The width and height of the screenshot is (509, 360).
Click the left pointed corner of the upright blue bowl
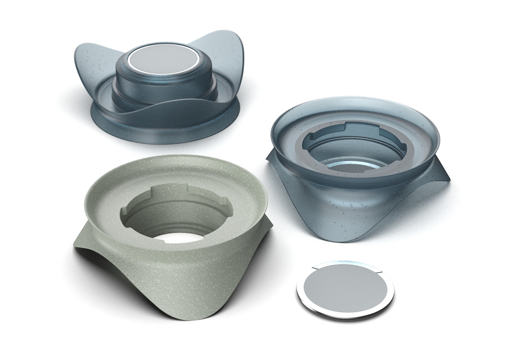click(x=270, y=158)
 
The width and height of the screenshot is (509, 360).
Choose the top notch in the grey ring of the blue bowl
click(x=356, y=127)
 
